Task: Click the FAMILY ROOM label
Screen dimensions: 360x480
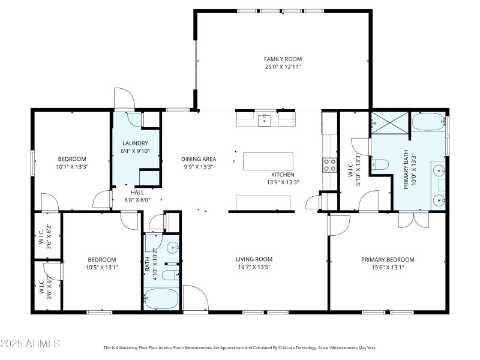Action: [283, 59]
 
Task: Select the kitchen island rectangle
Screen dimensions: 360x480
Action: [268, 161]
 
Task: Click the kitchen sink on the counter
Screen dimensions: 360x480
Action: [265, 121]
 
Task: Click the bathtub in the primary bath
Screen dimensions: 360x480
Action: [428, 123]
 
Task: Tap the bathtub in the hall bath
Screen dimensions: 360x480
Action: [161, 298]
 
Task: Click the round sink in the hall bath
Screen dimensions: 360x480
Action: [173, 247]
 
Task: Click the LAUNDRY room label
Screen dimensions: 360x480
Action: [135, 143]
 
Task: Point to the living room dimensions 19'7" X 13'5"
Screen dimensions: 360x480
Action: [253, 268]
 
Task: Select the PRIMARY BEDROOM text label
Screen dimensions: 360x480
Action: [387, 260]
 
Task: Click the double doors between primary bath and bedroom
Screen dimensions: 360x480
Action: [415, 220]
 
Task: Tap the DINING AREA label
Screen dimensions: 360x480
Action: [199, 159]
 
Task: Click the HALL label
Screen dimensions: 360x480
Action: [137, 193]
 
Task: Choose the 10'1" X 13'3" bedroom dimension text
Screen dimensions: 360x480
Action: [72, 167]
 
